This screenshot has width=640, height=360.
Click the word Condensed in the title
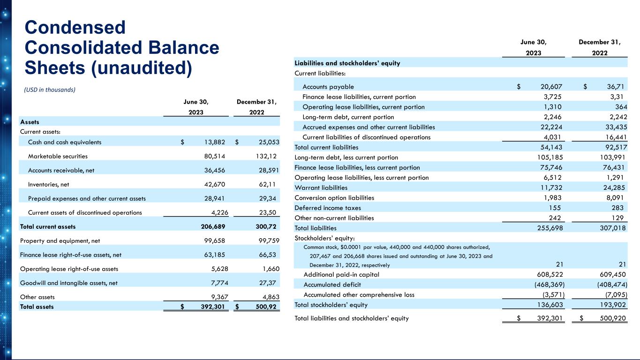pos(75,27)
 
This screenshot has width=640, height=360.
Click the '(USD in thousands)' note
pos(50,90)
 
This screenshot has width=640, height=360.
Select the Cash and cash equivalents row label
pos(65,142)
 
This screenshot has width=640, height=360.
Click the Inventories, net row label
pos(49,184)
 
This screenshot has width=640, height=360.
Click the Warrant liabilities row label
pos(321,187)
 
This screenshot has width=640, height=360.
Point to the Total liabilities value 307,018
pos(611,228)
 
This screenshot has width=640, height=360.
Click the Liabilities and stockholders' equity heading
pos(347,63)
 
